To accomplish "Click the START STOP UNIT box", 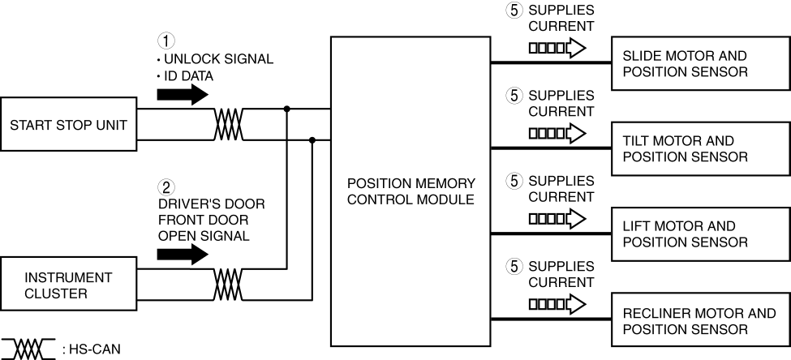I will [68, 125].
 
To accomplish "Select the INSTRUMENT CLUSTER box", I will [68, 285].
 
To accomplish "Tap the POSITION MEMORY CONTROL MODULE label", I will [410, 191].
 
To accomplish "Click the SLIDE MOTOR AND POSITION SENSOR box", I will [700, 64].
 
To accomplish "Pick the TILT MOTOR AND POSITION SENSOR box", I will [700, 149].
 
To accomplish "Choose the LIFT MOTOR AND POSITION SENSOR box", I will [700, 234].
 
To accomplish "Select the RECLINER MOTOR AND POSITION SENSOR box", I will [700, 320].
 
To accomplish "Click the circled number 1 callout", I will [165, 40].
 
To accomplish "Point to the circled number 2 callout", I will [165, 186].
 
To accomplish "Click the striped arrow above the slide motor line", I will [557, 48].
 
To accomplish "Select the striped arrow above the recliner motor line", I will [557, 304].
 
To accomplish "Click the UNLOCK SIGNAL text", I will [219, 58].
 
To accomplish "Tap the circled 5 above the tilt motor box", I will [514, 96].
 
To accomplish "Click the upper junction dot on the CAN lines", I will [286, 109].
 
